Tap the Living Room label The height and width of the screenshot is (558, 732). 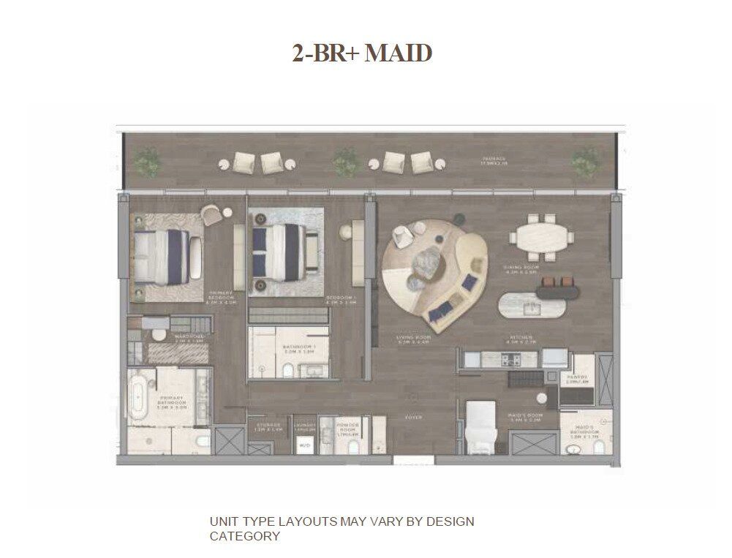[x=413, y=339]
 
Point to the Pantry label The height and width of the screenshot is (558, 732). [x=578, y=380]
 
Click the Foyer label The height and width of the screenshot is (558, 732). [x=414, y=418]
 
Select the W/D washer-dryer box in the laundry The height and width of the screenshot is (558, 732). [x=304, y=445]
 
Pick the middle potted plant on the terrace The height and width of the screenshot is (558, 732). [x=344, y=162]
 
